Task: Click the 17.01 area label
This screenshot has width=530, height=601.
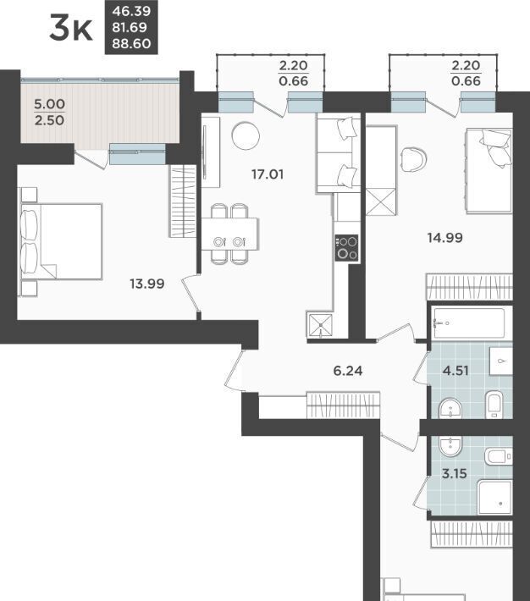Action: (x=268, y=174)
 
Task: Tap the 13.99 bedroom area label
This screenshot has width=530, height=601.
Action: (x=147, y=284)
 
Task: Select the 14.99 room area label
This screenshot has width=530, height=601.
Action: (x=445, y=238)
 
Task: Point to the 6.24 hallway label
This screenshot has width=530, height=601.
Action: (x=348, y=371)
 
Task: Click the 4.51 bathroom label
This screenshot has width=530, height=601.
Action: (x=455, y=371)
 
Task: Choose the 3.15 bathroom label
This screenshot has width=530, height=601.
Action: (x=455, y=474)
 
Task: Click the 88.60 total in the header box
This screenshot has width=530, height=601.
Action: (x=131, y=44)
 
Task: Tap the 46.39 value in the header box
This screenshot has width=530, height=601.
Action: (x=131, y=11)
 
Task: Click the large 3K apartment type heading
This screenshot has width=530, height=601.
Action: (x=71, y=28)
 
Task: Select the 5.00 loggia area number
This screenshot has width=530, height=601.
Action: (x=49, y=104)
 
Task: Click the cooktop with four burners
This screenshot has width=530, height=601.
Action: (x=346, y=248)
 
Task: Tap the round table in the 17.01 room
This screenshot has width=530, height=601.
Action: (x=246, y=135)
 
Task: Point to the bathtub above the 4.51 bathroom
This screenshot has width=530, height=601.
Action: (x=469, y=323)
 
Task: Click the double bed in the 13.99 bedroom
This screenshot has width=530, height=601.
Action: (x=62, y=241)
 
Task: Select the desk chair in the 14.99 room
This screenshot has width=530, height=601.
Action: (x=413, y=158)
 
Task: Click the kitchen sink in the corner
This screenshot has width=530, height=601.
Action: (x=320, y=325)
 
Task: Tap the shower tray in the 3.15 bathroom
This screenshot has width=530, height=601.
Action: (x=494, y=497)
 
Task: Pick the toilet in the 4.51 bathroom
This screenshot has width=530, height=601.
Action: (x=494, y=405)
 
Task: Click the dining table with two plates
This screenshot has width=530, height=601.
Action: (x=230, y=234)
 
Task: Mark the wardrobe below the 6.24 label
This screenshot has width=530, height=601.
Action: (x=343, y=405)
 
